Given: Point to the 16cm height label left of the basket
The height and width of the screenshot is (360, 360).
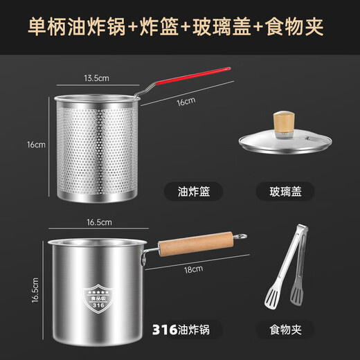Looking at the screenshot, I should pos(37,145).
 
